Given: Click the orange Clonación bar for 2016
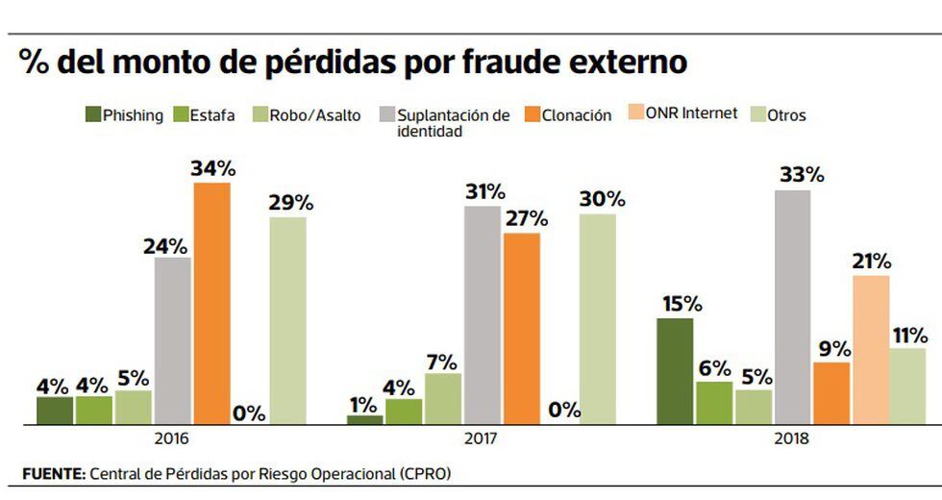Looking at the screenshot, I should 212,303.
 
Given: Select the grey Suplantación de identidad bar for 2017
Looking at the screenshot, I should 483,315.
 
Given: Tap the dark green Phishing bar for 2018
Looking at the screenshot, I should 675,371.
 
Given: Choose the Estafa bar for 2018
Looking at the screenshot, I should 714,403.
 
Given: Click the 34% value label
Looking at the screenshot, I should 212,168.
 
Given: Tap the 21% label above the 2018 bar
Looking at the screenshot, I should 870,262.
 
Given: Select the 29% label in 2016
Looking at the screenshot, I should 289,203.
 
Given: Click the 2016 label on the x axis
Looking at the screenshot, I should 170,439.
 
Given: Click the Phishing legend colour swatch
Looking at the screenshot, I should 93,115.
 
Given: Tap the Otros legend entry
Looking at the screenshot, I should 786,115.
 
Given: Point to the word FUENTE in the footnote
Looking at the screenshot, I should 53,473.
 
